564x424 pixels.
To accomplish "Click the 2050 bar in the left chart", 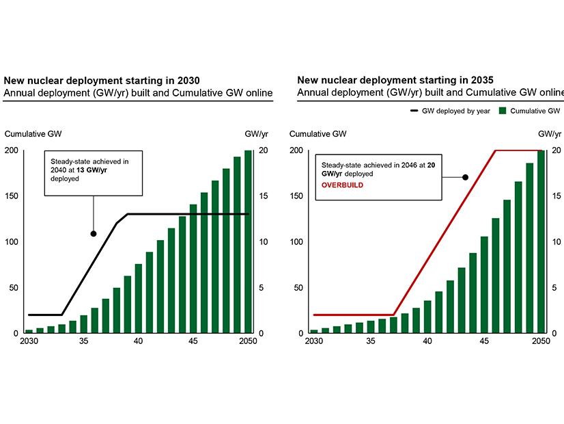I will [x=248, y=242].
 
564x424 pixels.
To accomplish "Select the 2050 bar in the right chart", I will [x=541, y=242].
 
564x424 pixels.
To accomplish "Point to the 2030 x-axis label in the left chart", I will [x=29, y=341].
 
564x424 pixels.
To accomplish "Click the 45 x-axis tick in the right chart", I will [x=484, y=341].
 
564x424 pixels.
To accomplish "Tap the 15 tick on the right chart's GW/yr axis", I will [x=556, y=196].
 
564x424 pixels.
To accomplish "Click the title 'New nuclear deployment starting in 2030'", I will [x=102, y=80].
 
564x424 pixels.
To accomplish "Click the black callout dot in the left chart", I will [x=94, y=234].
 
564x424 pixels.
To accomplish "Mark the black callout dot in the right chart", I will [x=465, y=177].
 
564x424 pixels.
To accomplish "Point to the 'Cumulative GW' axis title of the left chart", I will [x=32, y=133].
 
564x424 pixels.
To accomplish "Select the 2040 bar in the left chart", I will [x=138, y=298].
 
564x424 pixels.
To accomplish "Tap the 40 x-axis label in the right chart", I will [x=427, y=341].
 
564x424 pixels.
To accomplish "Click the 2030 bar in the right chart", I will [x=313, y=331].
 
